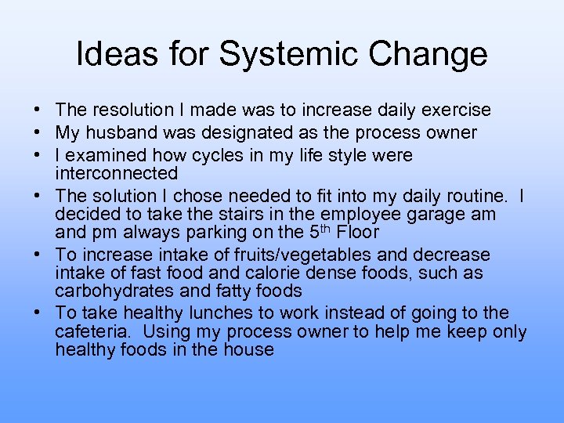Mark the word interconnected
pyautogui.click(x=117, y=172)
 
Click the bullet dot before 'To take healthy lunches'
pyautogui.click(x=38, y=313)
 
